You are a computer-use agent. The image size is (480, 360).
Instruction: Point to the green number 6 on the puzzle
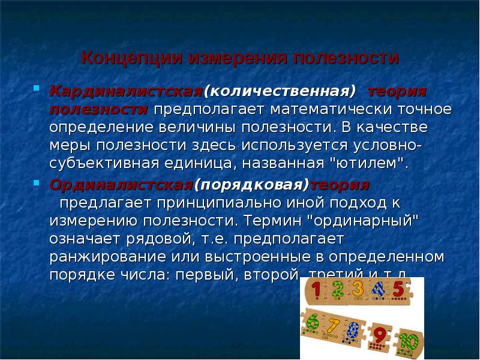(x=312, y=323)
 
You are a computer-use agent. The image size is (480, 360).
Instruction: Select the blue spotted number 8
(x=353, y=330)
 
